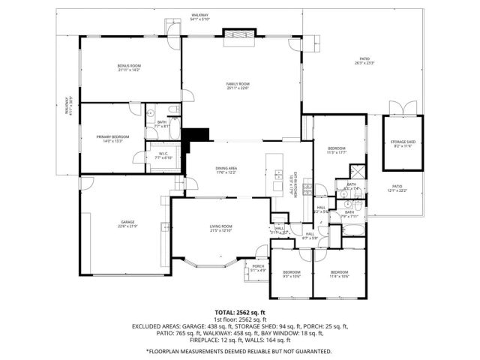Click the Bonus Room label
pos(129,67)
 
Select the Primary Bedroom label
pos(112,138)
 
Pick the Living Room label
pos(220,227)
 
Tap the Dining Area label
pos(226,172)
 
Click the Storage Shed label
pos(403,143)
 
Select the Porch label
pos(258,268)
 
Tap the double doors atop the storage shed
pos(403,108)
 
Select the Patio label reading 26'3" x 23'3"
pos(365,60)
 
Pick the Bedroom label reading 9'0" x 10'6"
pos(291,274)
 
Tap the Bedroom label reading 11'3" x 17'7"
pos(337,151)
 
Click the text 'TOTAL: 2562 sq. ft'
pos(240,312)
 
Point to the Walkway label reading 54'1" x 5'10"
pos(199,16)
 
